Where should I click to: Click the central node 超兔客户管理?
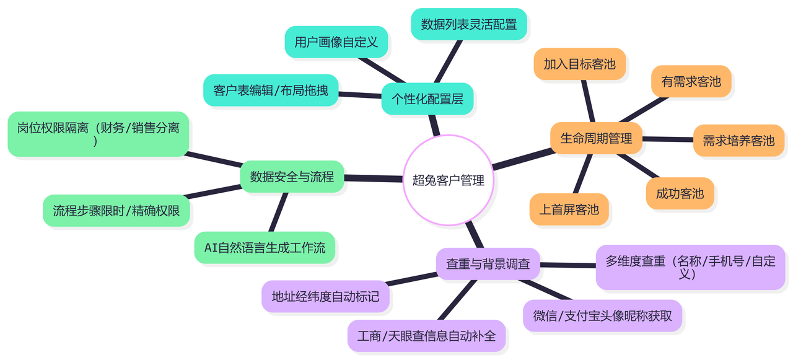tap(448, 180)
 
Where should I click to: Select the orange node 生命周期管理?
tap(596, 138)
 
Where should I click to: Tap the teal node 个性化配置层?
tap(427, 99)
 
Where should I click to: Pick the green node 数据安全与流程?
tap(292, 177)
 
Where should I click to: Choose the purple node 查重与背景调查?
tap(488, 264)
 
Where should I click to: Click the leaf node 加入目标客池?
tap(579, 64)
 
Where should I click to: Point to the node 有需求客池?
tap(691, 81)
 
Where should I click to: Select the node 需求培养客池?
tap(738, 141)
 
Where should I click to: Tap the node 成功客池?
tap(680, 193)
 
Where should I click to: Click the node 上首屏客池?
tap(569, 209)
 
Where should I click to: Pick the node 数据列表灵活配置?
tap(468, 24)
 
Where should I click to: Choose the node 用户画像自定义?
tap(336, 42)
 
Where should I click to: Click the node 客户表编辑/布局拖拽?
tap(271, 90)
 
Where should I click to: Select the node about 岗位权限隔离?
tap(98, 134)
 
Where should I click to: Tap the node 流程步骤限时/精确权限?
tap(116, 211)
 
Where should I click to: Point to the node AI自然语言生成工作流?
tap(265, 248)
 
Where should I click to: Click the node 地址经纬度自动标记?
tap(325, 296)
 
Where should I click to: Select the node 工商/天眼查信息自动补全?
tap(426, 336)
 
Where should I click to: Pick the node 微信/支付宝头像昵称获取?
tap(602, 316)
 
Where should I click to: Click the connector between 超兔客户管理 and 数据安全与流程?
tap(374, 178)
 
